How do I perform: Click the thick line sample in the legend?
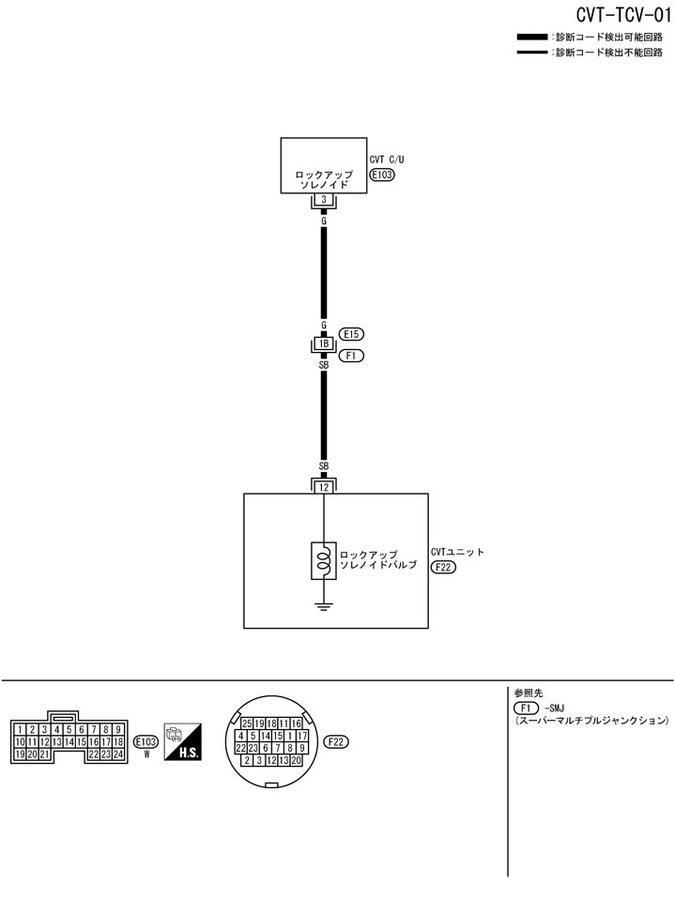tap(532, 37)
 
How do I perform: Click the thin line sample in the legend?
tap(532, 53)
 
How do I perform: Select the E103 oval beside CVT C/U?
tap(384, 175)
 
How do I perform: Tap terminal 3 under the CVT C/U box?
tap(323, 201)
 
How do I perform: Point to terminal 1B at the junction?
tap(323, 344)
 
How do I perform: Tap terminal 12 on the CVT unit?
tap(323, 487)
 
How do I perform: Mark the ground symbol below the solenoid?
tap(323, 606)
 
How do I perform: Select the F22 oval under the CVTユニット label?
tap(443, 567)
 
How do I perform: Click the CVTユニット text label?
tap(457, 553)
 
